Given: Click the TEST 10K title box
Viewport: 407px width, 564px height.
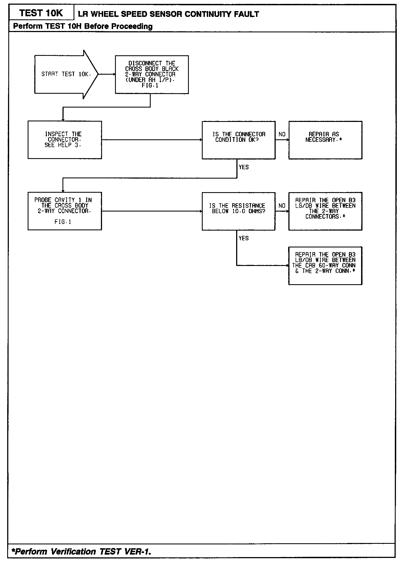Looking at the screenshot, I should (x=41, y=13).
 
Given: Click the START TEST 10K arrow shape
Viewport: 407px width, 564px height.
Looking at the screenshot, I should (x=66, y=74).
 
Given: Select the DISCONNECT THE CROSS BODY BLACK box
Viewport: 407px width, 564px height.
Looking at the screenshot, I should (x=152, y=75).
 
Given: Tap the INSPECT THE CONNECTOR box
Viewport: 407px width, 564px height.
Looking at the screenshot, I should (x=65, y=140).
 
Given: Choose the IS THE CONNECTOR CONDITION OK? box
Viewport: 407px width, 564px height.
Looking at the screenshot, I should (x=238, y=140).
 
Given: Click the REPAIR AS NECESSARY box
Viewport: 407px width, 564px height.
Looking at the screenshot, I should (x=325, y=140).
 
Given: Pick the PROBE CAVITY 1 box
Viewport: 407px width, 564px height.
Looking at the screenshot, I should (x=65, y=211).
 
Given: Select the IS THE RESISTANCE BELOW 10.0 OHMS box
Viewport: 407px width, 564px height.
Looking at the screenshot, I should (x=238, y=211).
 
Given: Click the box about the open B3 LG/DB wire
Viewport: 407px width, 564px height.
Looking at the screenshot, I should (x=325, y=211).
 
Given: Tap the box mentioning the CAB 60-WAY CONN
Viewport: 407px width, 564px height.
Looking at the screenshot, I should (x=325, y=266).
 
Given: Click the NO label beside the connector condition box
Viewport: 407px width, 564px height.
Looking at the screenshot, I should (x=282, y=134).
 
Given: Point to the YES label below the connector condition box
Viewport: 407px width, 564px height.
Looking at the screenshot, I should (x=244, y=167).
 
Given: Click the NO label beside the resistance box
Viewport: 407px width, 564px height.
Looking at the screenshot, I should (x=282, y=206).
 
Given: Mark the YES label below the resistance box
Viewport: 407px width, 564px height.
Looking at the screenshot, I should (x=244, y=238).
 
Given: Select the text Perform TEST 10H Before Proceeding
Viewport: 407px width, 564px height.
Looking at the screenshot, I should (x=83, y=26).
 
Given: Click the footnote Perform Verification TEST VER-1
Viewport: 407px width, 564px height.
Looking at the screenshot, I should (x=81, y=552).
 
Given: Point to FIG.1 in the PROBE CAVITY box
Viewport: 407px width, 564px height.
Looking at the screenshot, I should (x=63, y=222).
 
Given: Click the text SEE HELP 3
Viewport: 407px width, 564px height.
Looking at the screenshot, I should (x=63, y=145).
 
